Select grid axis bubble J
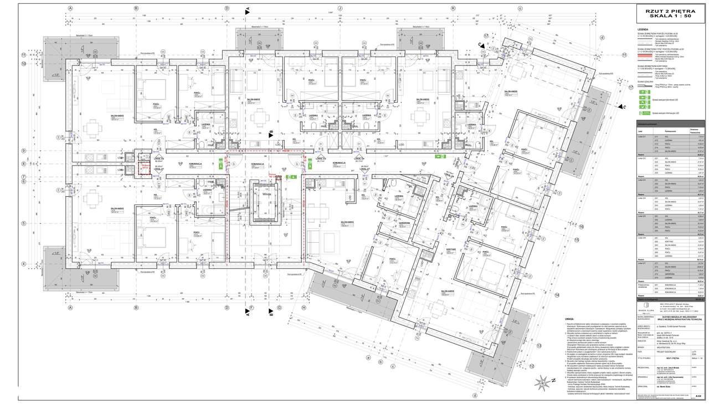[x=340, y=8]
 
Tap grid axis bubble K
[x=453, y=8]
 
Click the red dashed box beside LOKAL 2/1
[x=144, y=166]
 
